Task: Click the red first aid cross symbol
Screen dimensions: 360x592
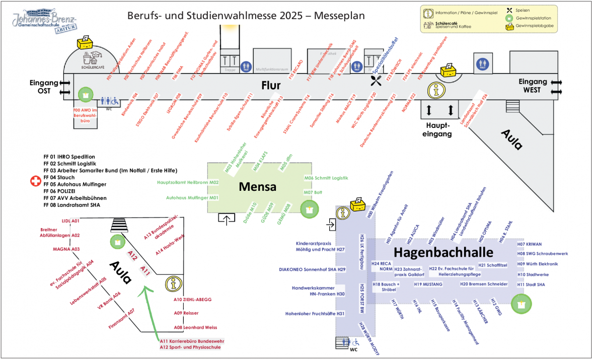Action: tap(36, 181)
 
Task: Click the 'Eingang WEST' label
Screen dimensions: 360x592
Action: tap(532, 86)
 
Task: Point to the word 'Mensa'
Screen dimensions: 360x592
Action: tap(257, 187)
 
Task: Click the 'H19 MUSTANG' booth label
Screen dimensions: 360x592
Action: tap(428, 284)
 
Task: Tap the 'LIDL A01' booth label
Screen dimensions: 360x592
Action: tap(70, 221)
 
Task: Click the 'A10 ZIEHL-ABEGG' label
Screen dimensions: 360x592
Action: tap(192, 300)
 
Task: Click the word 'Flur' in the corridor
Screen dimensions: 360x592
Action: tap(270, 86)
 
